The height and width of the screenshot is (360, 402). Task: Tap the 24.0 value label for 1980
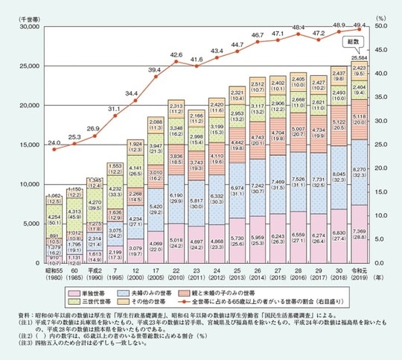[x=54, y=143]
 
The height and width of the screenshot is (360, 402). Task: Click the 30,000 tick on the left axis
[x=33, y=26]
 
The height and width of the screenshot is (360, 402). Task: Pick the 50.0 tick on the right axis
[x=385, y=26]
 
